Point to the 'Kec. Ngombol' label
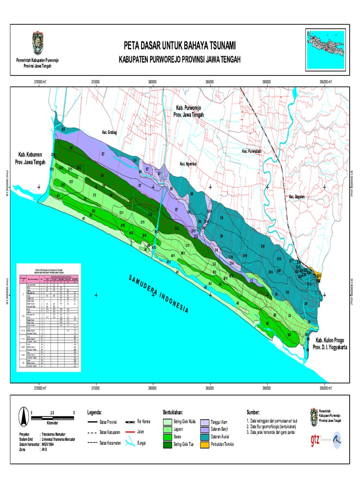click(188, 164)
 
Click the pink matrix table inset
click(48, 317)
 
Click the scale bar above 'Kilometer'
click(52, 416)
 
